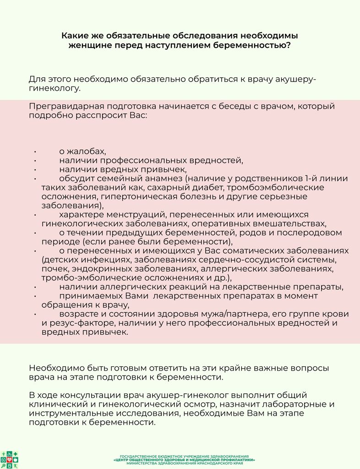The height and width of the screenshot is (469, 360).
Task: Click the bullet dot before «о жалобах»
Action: coord(35,152)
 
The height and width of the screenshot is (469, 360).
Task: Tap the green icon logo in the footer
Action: coord(9,460)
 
